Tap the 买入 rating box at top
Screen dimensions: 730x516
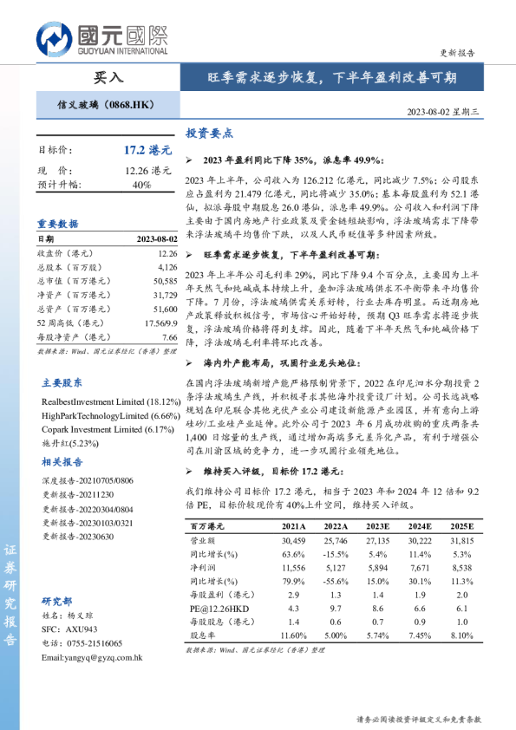click(108, 77)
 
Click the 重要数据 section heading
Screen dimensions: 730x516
click(56, 223)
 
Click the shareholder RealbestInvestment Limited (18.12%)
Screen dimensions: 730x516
click(111, 402)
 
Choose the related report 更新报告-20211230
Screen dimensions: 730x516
click(76, 495)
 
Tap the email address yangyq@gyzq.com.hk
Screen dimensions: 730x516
click(91, 658)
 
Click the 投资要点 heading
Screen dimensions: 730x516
click(209, 134)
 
